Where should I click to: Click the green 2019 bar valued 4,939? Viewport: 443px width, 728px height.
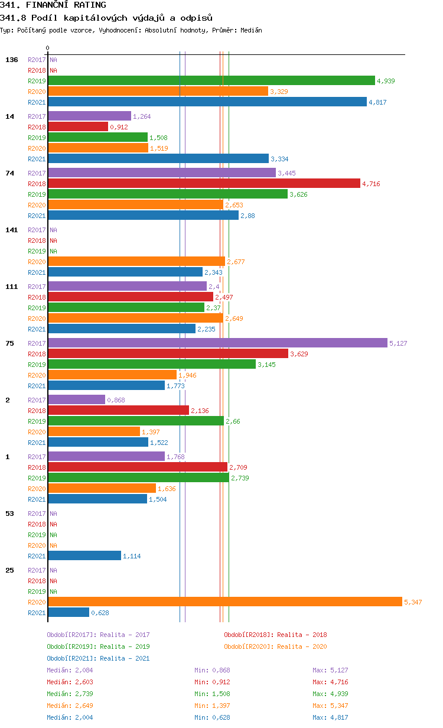pyautogui.click(x=211, y=81)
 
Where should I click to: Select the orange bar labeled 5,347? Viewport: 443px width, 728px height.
pyautogui.click(x=224, y=602)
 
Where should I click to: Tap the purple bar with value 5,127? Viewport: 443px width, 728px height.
pyautogui.click(x=217, y=343)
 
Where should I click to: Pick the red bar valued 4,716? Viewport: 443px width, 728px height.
pyautogui.click(x=204, y=184)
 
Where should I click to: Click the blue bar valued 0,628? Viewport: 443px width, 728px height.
pyautogui.click(x=69, y=613)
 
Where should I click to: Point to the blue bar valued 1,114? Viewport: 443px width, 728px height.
pyautogui.click(x=84, y=556)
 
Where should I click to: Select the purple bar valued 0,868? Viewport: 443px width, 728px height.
pyautogui.click(x=76, y=400)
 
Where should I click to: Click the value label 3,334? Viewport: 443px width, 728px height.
pyautogui.click(x=279, y=159)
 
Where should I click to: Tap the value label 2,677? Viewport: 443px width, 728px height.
pyautogui.click(x=236, y=262)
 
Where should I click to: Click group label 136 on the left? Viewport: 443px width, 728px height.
pyautogui.click(x=12, y=60)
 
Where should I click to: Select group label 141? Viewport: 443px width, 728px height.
pyautogui.click(x=12, y=230)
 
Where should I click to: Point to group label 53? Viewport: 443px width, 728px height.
pyautogui.click(x=9, y=513)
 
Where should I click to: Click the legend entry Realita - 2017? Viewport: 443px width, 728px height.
pyautogui.click(x=98, y=635)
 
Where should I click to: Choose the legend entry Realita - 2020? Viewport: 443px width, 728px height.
pyautogui.click(x=275, y=646)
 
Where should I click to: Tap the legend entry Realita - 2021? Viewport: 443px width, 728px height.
pyautogui.click(x=98, y=658)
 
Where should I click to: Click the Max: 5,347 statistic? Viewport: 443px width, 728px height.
pyautogui.click(x=330, y=706)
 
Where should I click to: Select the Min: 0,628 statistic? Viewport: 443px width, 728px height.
pyautogui.click(x=212, y=717)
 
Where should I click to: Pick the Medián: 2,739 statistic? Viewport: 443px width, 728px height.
pyautogui.click(x=70, y=694)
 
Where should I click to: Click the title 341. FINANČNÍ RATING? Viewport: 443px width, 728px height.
pyautogui.click(x=53, y=5)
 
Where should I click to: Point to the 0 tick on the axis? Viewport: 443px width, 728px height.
pyautogui.click(x=48, y=48)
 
